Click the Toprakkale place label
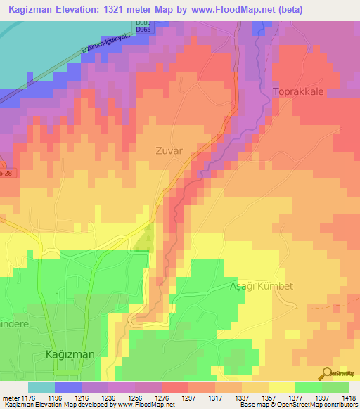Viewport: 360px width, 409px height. [299, 92]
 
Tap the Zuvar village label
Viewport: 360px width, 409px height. [169, 150]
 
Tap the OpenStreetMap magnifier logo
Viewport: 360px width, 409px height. [326, 373]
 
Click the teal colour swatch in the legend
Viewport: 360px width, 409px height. [41, 387]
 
